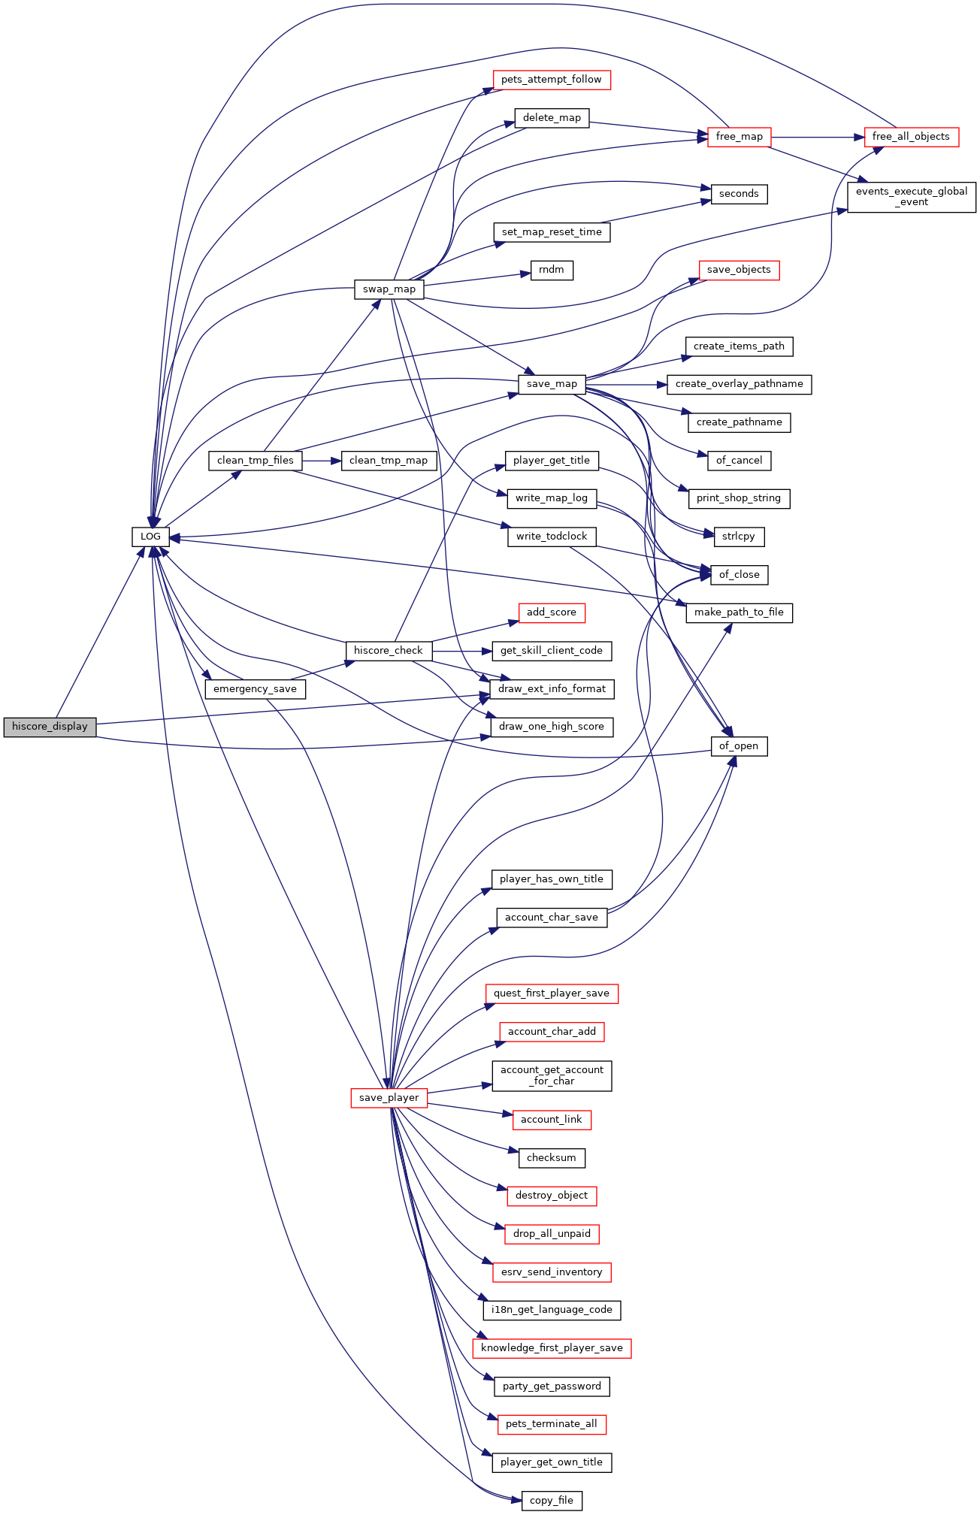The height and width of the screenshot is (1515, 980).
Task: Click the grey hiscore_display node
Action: [x=50, y=727]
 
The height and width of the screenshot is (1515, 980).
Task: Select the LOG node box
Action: [x=150, y=537]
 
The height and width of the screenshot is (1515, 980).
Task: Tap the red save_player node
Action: [x=389, y=1098]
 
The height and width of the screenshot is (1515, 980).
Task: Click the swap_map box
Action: [x=389, y=289]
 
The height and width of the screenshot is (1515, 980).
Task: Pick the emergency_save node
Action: [x=255, y=689]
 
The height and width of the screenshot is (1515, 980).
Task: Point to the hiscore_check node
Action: [x=389, y=651]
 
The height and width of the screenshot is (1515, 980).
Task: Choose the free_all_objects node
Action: [x=911, y=137]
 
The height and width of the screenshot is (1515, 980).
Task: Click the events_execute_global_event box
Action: [x=912, y=197]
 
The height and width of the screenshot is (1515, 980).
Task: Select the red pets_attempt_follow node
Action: [x=551, y=80]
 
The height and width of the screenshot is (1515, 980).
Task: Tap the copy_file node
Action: [x=551, y=1501]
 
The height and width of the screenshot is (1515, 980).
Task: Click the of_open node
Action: [x=739, y=746]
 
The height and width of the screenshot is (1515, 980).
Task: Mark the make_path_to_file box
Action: [x=739, y=612]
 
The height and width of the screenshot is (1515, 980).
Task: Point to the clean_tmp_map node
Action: [x=389, y=461]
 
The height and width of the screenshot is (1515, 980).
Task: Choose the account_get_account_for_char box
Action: [x=552, y=1075]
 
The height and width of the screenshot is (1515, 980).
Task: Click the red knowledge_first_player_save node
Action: [x=552, y=1348]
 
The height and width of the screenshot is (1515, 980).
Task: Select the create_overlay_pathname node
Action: [x=739, y=384]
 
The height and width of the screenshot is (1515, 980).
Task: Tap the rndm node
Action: [x=552, y=270]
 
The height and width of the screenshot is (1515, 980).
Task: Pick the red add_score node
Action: [x=551, y=612]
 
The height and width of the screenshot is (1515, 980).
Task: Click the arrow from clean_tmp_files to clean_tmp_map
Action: [x=322, y=461]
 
